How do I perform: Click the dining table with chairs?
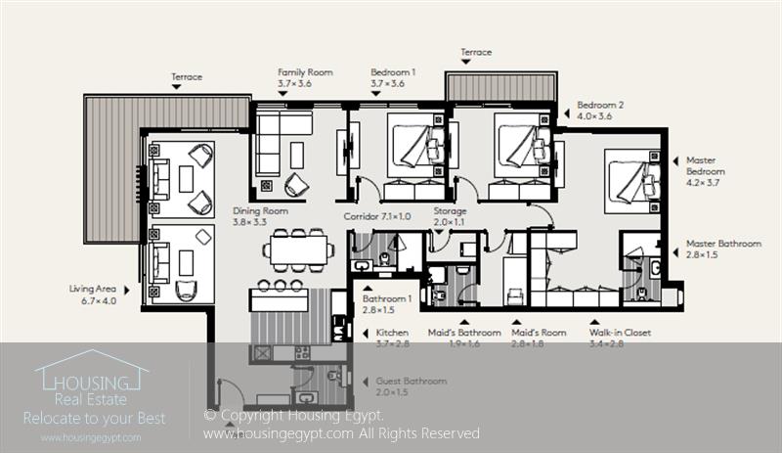pyautogui.click(x=298, y=249)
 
